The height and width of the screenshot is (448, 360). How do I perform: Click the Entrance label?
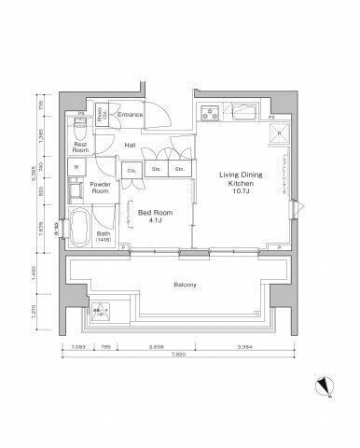coord(131,114)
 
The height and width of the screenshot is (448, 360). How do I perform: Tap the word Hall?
coord(132,147)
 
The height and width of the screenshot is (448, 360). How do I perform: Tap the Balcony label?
coord(183,284)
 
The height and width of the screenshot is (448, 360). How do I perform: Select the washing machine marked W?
coord(76,168)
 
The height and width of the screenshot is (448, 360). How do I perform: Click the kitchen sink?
coord(244,116)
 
